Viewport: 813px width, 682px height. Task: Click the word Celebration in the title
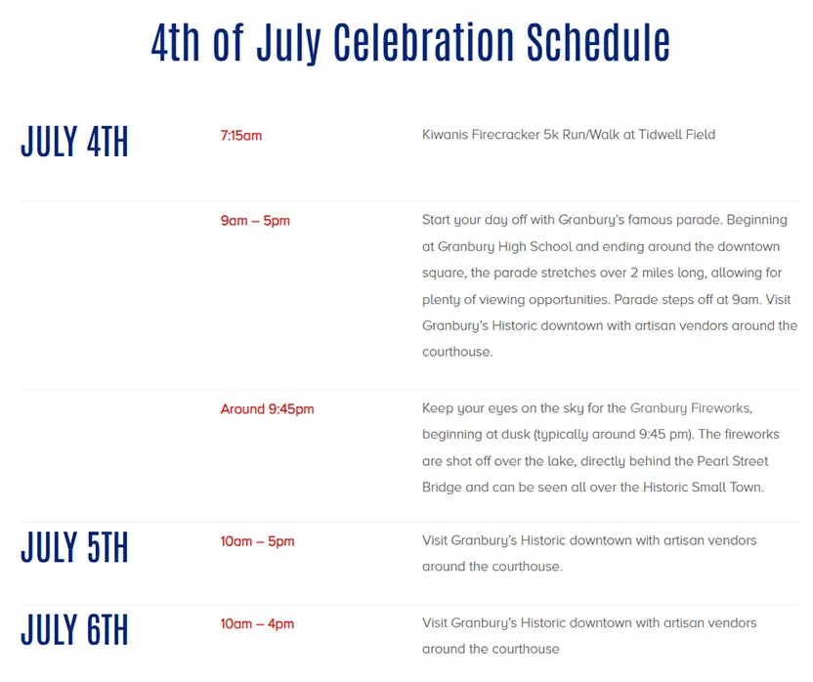point(424,42)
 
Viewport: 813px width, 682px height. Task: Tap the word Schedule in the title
point(598,42)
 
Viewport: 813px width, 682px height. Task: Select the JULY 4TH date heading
point(74,141)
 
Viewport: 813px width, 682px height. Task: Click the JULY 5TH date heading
point(74,547)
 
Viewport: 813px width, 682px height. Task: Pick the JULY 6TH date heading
point(74,629)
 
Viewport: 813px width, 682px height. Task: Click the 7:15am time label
point(241,136)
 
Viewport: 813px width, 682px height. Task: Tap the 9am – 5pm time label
point(255,221)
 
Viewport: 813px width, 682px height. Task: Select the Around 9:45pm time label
point(267,409)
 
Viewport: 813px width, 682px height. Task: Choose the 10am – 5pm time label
point(257,541)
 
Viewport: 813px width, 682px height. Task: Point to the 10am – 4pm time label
point(257,624)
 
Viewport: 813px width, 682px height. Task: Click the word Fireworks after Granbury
point(721,408)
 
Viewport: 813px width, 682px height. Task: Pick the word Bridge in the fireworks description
point(442,488)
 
